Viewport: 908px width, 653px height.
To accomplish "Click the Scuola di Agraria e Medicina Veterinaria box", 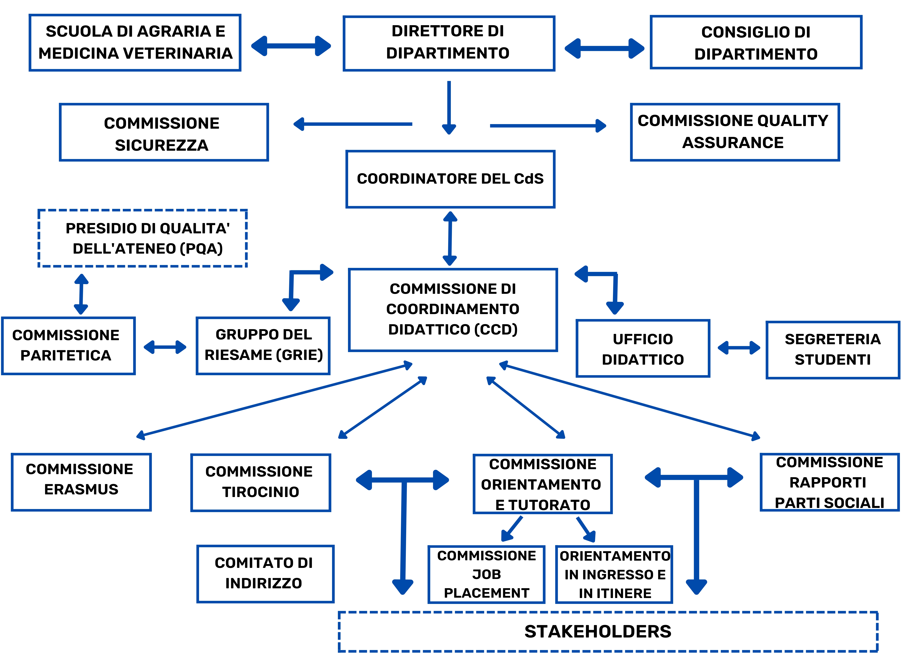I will click(x=135, y=42).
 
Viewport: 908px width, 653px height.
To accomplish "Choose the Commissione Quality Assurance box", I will click(x=735, y=132).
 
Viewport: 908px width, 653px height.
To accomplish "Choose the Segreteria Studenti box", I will click(x=832, y=350).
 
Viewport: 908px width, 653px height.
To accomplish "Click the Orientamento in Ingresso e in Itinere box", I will click(x=614, y=574).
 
